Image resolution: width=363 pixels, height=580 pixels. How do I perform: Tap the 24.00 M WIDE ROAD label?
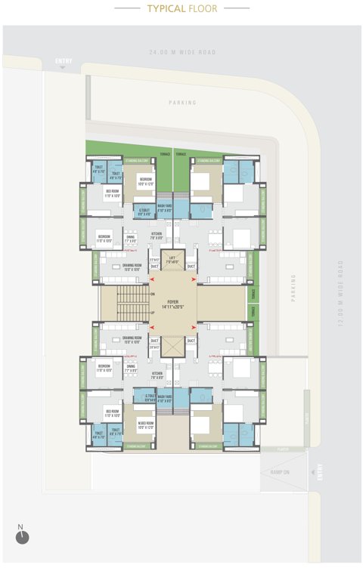(181, 53)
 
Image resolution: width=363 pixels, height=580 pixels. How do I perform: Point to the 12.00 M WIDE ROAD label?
(341, 295)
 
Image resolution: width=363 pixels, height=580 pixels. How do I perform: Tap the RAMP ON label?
(281, 472)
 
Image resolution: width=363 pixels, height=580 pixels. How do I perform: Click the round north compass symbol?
(21, 536)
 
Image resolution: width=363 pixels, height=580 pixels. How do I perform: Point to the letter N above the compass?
(20, 526)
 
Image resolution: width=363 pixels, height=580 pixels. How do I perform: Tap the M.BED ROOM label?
(146, 424)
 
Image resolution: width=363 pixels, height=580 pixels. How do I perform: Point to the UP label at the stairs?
(152, 312)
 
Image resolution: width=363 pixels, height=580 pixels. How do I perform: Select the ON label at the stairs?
(152, 294)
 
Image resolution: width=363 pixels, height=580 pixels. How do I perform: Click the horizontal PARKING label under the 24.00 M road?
(182, 103)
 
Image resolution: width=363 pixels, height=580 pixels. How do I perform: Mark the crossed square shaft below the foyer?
(172, 346)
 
